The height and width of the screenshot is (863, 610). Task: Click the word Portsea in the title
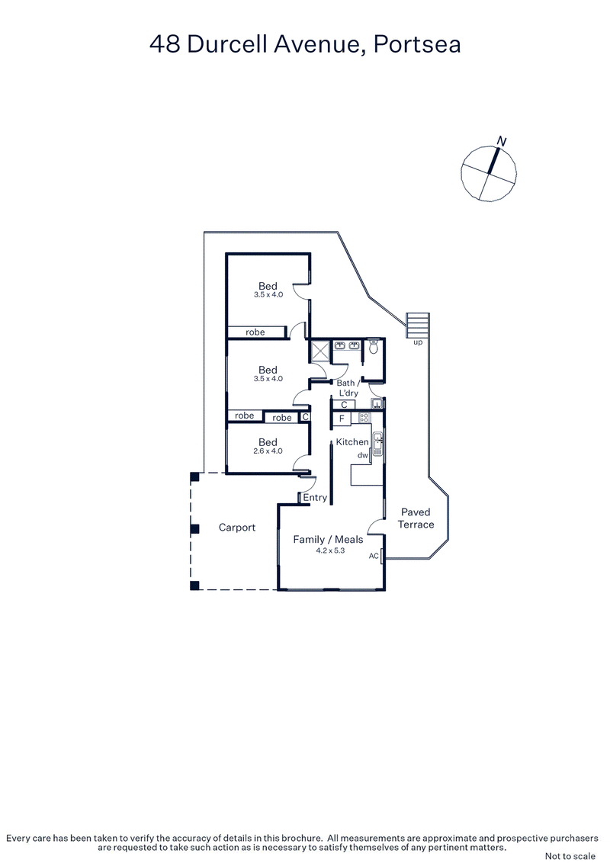[x=419, y=45]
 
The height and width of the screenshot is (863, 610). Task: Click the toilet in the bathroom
[x=373, y=348]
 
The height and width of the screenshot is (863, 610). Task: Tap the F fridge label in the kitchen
[x=342, y=419]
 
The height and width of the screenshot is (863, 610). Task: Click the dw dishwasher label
[x=362, y=455]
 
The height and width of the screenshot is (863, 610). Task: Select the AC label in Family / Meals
[x=374, y=556]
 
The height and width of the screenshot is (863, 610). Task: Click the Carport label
[x=237, y=528]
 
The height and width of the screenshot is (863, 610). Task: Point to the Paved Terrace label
[x=416, y=518]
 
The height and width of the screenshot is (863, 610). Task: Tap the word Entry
[x=315, y=498]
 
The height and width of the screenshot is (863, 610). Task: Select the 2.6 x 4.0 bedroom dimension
[x=268, y=451]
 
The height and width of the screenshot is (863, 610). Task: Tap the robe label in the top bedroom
[x=255, y=332]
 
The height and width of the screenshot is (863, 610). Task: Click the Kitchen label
[x=352, y=442]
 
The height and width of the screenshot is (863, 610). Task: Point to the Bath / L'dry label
[x=352, y=388]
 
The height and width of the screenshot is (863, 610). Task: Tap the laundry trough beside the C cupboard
[x=376, y=404]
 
